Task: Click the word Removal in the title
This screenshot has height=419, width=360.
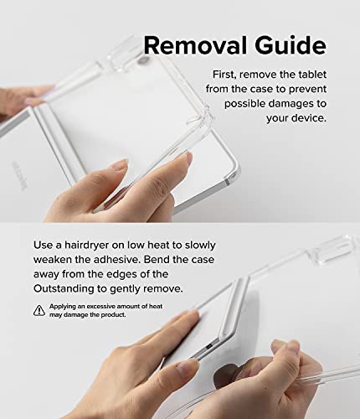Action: coord(195,45)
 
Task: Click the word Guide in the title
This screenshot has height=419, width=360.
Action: coord(291,45)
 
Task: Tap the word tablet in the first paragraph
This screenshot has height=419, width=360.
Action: coord(312,75)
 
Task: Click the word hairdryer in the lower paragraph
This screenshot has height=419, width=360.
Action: coord(86,246)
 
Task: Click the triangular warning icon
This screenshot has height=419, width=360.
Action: coord(39,310)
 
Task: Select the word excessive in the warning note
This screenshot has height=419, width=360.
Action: coord(101,307)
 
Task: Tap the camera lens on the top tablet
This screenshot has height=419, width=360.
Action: coord(143,59)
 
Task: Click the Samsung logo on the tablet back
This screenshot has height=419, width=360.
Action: coord(20,176)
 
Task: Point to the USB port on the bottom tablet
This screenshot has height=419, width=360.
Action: coord(208,347)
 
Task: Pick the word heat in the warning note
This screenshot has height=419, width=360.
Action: coord(156,307)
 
